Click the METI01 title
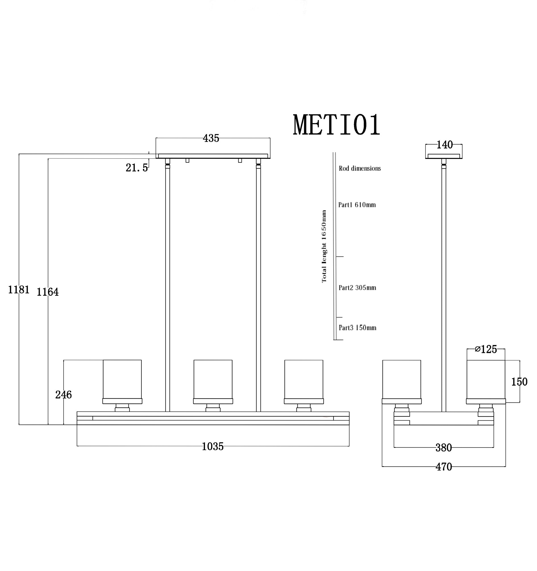coord(336,125)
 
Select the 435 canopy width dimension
coord(211,138)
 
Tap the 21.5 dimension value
coord(137,168)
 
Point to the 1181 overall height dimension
coord(19,290)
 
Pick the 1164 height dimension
coord(48,292)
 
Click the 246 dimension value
coord(63,395)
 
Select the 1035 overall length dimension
coord(213,447)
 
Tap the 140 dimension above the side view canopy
coord(444,145)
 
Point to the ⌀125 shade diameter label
coord(486,349)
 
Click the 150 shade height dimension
coord(519,382)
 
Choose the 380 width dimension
coord(444,448)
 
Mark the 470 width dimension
coord(444,467)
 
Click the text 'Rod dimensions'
coord(360,169)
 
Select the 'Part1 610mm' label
coord(357,205)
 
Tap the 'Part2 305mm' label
coord(357,288)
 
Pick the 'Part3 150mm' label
coord(357,328)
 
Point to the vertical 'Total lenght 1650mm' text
coord(324,247)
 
